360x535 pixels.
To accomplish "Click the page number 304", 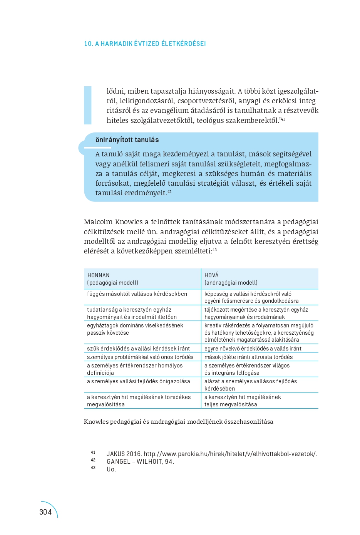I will [45, 512].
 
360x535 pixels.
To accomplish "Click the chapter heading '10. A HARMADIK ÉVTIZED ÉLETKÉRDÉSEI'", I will [145, 44].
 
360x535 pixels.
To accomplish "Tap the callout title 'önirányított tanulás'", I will [127, 140].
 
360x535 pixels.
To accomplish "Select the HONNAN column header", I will [99, 275].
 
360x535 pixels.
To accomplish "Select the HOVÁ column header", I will [211, 275].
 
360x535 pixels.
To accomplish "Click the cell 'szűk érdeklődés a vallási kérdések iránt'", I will [138, 349].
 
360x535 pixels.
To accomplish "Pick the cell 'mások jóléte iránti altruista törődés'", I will [248, 357].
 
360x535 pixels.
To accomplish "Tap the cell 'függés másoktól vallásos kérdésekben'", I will [137, 294].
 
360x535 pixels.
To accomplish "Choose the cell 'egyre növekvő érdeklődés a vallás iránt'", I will [253, 349].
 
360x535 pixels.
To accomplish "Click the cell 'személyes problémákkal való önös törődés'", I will [140, 357].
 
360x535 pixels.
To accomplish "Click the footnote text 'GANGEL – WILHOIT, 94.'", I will [140, 461].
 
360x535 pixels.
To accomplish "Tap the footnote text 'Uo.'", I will [111, 469].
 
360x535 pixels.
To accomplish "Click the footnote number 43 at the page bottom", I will [93, 468].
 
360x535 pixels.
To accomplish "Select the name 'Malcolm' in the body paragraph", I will [98, 222].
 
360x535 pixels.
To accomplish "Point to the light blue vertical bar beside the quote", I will [88, 105].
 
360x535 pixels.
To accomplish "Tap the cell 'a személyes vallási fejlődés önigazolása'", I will [139, 381].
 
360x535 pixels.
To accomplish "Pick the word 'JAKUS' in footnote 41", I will [116, 454].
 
